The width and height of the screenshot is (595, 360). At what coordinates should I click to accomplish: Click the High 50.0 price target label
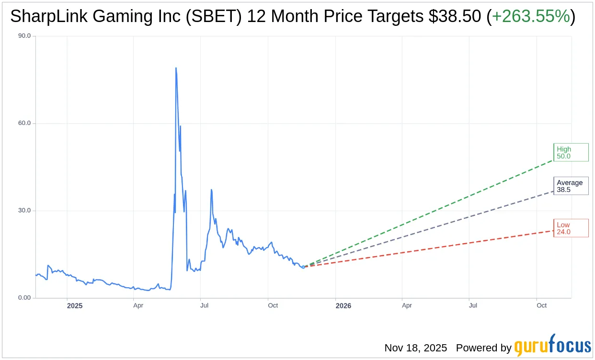pos(570,153)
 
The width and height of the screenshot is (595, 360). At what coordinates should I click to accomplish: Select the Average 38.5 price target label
pos(570,186)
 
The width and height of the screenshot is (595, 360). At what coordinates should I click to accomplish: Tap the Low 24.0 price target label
pos(570,228)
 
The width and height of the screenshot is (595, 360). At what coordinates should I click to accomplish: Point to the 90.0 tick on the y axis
pos(24,36)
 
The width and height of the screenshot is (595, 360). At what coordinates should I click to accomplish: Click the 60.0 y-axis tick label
pos(24,123)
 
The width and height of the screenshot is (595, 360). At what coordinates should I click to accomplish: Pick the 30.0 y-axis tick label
pos(24,211)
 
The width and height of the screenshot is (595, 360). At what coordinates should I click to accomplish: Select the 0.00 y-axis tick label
pos(24,298)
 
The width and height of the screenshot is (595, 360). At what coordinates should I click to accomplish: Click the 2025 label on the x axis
pos(75,305)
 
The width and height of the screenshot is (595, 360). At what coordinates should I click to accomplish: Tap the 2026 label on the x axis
pos(343,305)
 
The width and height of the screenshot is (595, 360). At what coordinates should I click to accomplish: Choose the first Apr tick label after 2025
pos(138,305)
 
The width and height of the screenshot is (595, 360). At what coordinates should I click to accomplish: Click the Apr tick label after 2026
pos(407,305)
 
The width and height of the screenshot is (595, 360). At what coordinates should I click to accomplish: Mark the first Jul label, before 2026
pos(205,305)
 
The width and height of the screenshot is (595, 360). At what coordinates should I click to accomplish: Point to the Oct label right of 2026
pos(541,305)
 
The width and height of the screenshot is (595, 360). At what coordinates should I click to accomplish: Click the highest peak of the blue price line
pos(176,68)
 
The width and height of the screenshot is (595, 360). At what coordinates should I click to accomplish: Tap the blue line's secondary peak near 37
pos(211,190)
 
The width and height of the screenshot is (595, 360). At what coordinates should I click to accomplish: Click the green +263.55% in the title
pos(531,16)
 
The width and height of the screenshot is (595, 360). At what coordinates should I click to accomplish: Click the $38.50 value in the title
pos(456,16)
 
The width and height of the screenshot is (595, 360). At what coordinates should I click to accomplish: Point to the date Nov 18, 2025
pos(415,348)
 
